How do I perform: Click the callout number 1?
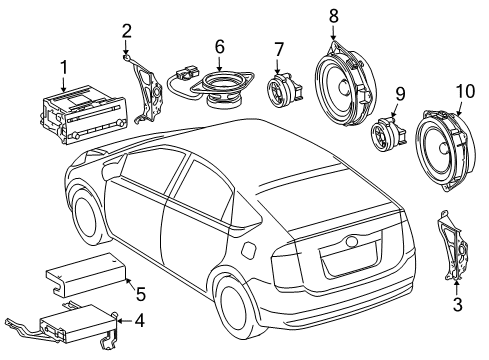point(63,68)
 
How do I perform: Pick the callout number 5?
point(141,294)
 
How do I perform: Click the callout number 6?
point(219,46)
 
